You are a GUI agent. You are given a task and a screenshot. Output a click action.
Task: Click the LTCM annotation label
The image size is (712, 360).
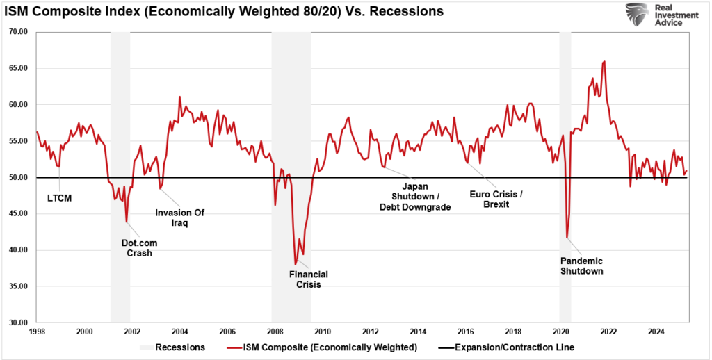(x=59, y=198)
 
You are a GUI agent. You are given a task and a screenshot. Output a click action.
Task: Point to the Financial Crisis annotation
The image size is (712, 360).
(x=308, y=279)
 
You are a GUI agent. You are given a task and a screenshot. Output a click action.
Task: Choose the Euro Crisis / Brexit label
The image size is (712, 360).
(x=496, y=199)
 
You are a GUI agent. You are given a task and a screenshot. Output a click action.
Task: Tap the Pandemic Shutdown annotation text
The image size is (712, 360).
(x=581, y=265)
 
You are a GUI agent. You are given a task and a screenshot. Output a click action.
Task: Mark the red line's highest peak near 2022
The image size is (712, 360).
(x=604, y=61)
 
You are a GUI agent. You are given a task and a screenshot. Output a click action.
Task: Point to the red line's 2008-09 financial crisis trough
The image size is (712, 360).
(x=296, y=264)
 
